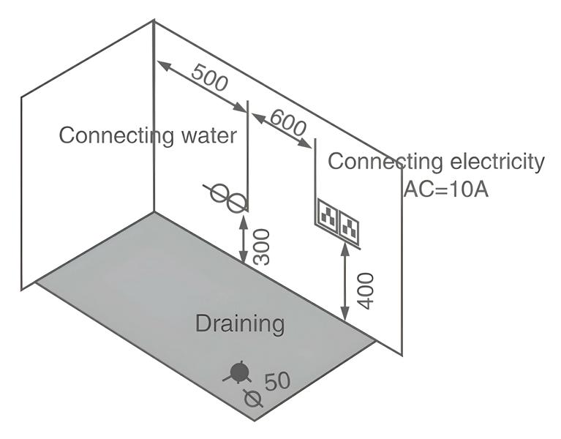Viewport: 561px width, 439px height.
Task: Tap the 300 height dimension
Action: (x=261, y=246)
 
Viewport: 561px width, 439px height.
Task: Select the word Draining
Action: (x=240, y=323)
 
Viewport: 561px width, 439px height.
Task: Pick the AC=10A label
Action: (x=445, y=188)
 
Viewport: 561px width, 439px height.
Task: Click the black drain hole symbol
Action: (x=238, y=372)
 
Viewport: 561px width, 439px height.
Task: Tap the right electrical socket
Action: (x=350, y=226)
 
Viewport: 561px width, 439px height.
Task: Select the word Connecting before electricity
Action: (x=375, y=162)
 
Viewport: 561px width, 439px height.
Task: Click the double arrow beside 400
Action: (x=344, y=283)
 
